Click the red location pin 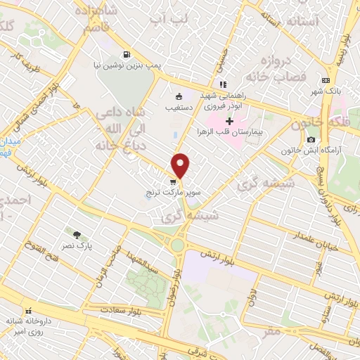[x=181, y=165]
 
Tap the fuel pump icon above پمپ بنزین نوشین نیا [x=126, y=53]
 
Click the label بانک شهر [x=326, y=91]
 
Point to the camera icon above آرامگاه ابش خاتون [x=311, y=140]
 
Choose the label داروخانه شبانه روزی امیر [x=28, y=328]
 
